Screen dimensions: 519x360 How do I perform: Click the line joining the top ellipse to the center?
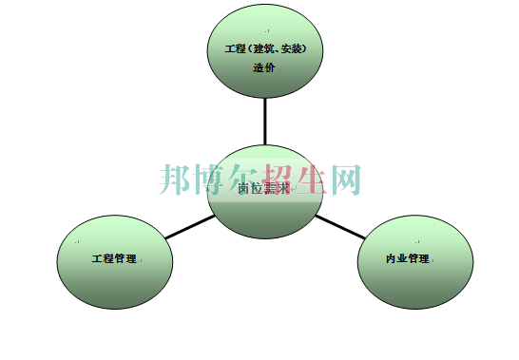(265, 121)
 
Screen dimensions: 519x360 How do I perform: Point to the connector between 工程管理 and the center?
(188, 227)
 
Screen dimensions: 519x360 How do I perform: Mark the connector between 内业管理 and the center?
(338, 224)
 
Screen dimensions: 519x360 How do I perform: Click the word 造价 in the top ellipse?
(264, 67)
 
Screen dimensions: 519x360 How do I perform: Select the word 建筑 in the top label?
(264, 48)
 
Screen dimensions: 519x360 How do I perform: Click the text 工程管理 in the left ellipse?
(114, 258)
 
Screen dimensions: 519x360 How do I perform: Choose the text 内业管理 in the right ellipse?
(408, 258)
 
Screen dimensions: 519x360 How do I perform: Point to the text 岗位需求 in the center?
(262, 188)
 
